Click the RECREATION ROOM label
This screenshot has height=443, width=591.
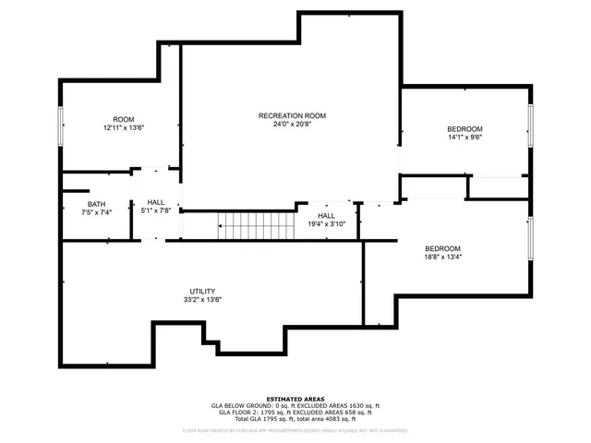click(292, 115)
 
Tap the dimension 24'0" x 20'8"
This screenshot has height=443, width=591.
click(292, 125)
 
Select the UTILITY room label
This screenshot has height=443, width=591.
click(202, 291)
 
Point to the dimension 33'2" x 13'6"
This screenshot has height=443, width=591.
click(202, 300)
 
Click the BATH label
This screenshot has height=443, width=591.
click(96, 204)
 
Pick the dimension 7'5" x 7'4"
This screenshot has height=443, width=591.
click(96, 213)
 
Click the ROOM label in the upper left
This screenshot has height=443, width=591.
click(124, 120)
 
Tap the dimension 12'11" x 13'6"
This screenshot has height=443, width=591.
click(124, 129)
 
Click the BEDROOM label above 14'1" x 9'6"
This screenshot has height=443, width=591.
click(464, 129)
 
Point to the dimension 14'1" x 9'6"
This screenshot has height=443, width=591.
click(464, 138)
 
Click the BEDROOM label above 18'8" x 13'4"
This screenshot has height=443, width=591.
click(442, 249)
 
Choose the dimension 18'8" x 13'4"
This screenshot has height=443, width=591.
click(442, 258)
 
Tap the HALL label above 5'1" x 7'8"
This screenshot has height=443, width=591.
click(156, 202)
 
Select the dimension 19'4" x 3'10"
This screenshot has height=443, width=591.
click(326, 222)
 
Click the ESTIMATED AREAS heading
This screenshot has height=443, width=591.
click(295, 399)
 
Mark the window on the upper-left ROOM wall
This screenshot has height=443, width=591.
click(61, 126)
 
